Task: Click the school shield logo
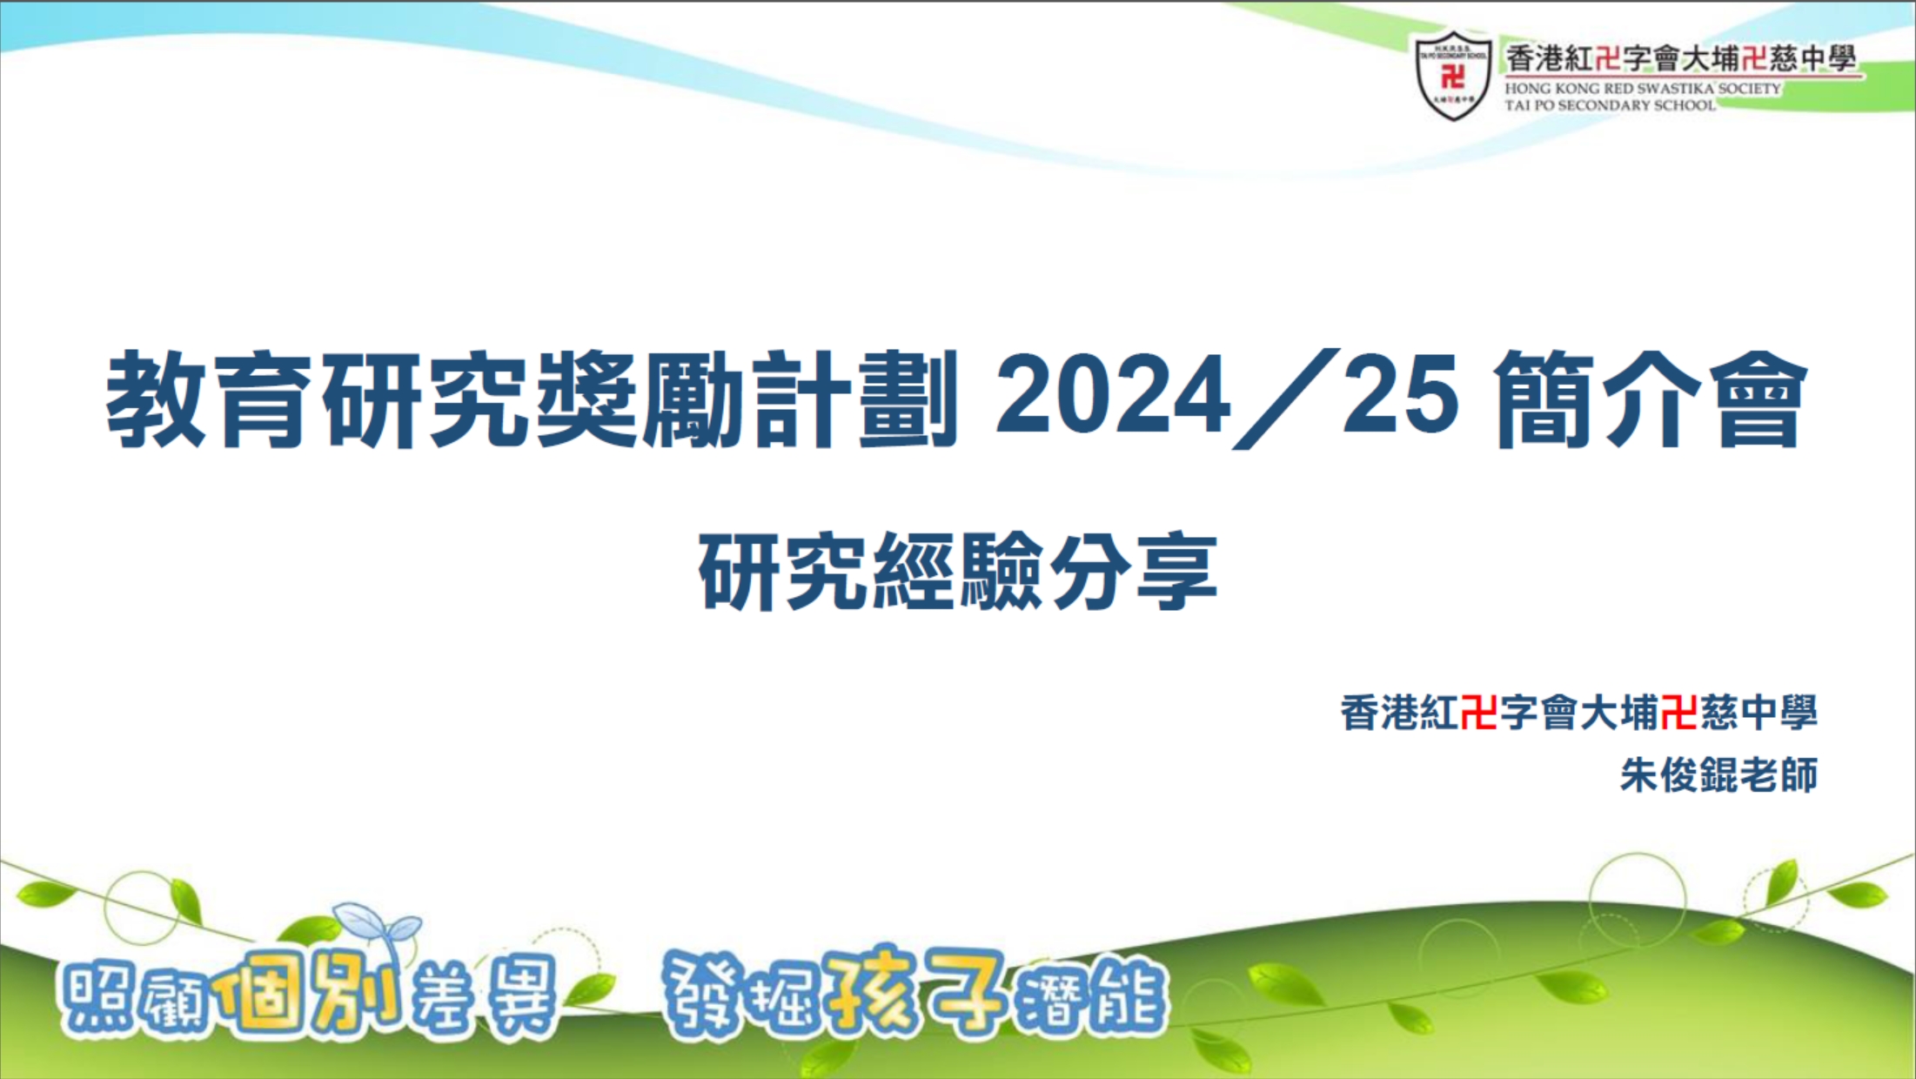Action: tap(1452, 76)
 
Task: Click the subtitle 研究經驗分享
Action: tap(958, 572)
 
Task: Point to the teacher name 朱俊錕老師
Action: tap(1718, 774)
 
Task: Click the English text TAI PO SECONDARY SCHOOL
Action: tap(1610, 105)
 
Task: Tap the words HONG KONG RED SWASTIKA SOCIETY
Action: tap(1643, 89)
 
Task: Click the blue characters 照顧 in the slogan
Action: tap(135, 1001)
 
